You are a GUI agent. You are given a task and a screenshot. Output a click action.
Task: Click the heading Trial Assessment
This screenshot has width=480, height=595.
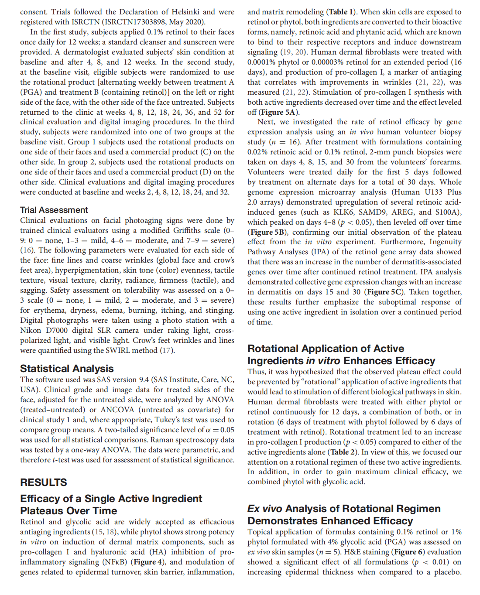54,210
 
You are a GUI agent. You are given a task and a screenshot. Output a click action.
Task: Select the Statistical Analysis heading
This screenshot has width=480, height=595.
67,369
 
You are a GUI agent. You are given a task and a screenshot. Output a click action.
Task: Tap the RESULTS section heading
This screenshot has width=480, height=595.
44,482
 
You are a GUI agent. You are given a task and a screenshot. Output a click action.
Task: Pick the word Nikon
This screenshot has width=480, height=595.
31,330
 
